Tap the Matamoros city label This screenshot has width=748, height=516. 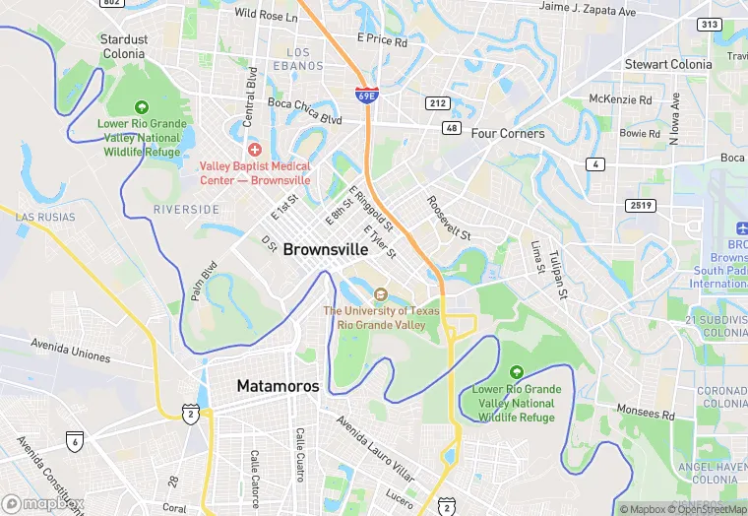coord(279,386)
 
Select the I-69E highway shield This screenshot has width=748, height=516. coord(365,96)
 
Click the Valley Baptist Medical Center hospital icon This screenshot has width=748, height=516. coord(255,149)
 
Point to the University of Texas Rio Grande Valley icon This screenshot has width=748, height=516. coord(381,294)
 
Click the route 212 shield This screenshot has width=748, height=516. coord(438,103)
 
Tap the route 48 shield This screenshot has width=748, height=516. coord(452,128)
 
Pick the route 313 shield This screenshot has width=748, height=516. coord(708,24)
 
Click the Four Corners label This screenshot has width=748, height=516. coord(508,133)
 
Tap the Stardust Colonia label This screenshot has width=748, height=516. coord(124,46)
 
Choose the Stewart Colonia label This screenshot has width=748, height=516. coord(668,64)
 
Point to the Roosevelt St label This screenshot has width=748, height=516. coord(449,218)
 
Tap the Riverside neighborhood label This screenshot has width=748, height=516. coord(186,210)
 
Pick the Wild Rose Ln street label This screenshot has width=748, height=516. coord(266,16)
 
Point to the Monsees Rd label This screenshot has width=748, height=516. coord(646,412)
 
